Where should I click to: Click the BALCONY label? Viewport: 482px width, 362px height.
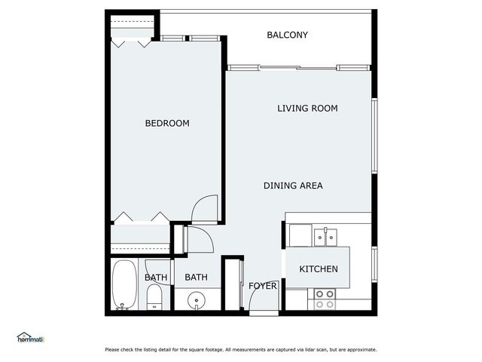point(287,35)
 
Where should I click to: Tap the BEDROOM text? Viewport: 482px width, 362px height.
point(166,123)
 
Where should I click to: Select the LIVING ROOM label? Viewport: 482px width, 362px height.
point(307,109)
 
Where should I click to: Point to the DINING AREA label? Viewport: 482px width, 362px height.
point(293,186)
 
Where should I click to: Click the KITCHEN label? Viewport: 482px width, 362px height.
point(319,269)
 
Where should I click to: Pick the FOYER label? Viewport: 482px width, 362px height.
point(263,287)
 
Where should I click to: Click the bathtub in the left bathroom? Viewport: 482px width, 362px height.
point(124,285)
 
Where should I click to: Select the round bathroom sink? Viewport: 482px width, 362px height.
point(197,299)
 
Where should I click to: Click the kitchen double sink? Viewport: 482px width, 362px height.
point(325,236)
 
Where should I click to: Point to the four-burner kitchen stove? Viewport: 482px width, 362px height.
point(325,299)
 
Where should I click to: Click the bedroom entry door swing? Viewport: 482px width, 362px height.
point(205,209)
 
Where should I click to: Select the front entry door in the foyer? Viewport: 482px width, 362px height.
point(258,302)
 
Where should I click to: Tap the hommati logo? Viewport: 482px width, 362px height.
point(31,338)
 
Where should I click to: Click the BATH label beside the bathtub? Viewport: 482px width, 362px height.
point(156,278)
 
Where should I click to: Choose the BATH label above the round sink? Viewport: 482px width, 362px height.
point(196,278)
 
